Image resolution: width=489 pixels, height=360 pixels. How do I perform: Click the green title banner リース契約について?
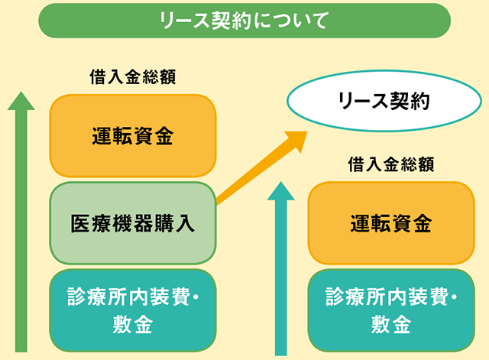[x=244, y=21]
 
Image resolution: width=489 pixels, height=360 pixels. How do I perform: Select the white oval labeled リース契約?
[x=384, y=101]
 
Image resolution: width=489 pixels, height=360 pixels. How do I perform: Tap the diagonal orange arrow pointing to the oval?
[x=262, y=168]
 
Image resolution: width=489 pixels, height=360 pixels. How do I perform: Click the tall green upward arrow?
[x=21, y=222]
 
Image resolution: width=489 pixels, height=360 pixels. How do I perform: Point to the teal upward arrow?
[x=280, y=268]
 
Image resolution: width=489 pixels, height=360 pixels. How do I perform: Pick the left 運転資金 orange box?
[x=133, y=136]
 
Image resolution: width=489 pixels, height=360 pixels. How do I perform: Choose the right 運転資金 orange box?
[x=391, y=223]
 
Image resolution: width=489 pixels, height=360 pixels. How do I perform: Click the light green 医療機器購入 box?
[x=133, y=223]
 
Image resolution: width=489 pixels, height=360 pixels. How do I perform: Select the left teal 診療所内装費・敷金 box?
[x=133, y=310]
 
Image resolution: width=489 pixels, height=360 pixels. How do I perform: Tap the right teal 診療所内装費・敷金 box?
[x=391, y=310]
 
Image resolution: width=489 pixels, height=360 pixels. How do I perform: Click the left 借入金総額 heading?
[x=133, y=76]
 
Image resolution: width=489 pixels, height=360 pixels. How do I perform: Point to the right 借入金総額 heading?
[x=391, y=164]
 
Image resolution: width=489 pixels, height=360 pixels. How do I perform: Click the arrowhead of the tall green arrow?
[x=21, y=101]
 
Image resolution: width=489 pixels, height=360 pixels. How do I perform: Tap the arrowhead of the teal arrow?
[x=280, y=191]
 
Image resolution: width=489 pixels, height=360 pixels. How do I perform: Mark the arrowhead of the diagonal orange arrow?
[x=296, y=141]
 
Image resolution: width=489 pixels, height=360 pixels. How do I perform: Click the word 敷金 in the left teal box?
[x=133, y=324]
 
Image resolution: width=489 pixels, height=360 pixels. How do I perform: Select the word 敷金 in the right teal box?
[x=391, y=324]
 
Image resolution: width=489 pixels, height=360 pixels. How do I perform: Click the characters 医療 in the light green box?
[x=91, y=223]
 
